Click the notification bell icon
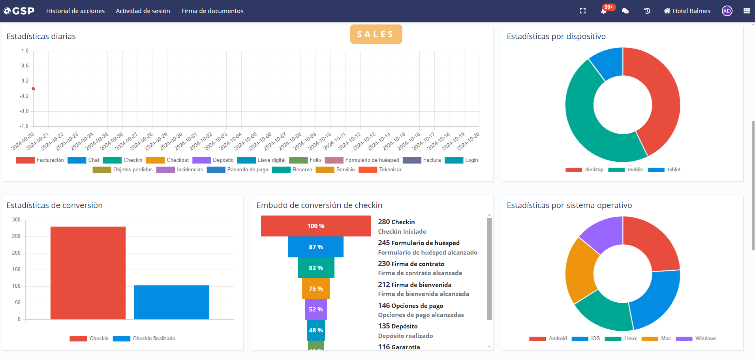[603, 11]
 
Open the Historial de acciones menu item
[75, 11]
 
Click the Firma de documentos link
[212, 11]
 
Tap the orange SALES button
[376, 34]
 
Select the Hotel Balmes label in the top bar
[691, 11]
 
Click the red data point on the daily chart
[34, 89]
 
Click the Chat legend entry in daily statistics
[94, 160]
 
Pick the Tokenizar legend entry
[390, 170]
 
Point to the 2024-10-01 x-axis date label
[186, 141]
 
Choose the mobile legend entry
[635, 170]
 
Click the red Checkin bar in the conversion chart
[88, 272]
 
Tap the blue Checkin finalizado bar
[171, 302]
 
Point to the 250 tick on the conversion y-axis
[16, 236]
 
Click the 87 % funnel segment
[316, 247]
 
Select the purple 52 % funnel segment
[316, 309]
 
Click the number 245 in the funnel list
[384, 243]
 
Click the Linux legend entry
[630, 339]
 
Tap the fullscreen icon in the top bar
[583, 11]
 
